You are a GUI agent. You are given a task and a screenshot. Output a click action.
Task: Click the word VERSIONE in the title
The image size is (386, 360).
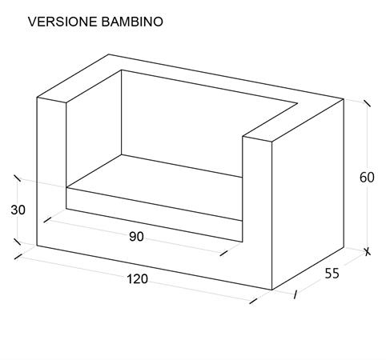click(x=62, y=22)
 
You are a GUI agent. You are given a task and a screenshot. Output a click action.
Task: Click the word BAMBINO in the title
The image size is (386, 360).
click(x=132, y=22)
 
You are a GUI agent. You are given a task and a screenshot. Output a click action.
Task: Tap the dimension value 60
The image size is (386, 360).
click(x=367, y=178)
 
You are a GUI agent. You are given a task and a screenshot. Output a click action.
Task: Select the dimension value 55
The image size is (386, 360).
click(x=332, y=274)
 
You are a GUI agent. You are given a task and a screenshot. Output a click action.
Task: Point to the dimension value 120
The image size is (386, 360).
click(x=137, y=279)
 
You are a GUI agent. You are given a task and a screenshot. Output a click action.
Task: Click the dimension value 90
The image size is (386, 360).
click(x=136, y=237)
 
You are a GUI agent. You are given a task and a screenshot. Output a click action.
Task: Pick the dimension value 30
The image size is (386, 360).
click(x=18, y=210)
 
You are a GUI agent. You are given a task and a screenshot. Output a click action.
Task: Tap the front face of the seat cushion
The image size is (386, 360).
click(x=155, y=214)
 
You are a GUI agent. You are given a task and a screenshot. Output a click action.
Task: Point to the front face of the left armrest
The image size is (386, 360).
click(x=51, y=170)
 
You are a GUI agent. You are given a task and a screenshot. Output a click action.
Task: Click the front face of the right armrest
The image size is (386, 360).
click(x=257, y=214)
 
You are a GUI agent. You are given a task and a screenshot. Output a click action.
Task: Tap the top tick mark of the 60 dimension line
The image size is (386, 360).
click(x=367, y=103)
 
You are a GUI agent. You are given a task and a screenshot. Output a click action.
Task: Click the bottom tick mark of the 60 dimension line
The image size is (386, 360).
click(x=368, y=251)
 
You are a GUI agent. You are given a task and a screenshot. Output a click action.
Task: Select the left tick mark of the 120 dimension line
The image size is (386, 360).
click(x=18, y=256)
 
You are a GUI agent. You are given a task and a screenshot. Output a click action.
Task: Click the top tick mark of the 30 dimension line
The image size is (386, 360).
click(x=17, y=178)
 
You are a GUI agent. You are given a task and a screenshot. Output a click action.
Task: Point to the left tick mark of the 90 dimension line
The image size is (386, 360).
click(x=47, y=220)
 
